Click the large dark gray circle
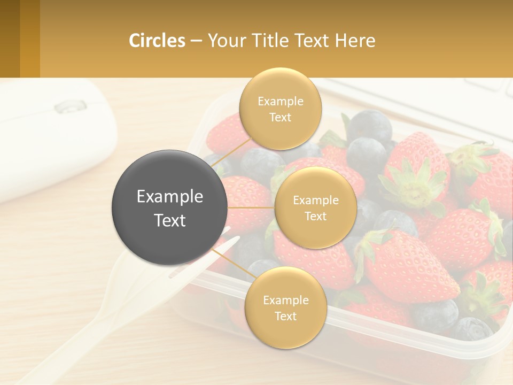pyautogui.click(x=169, y=208)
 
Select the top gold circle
pyautogui.click(x=280, y=109)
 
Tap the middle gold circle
pyautogui.click(x=315, y=207)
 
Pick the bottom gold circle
pyautogui.click(x=285, y=307)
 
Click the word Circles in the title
pyautogui.click(x=157, y=41)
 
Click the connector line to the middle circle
pyautogui.click(x=251, y=207)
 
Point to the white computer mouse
pyautogui.click(x=48, y=139)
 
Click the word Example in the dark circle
pyautogui.click(x=169, y=197)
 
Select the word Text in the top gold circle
pyautogui.click(x=280, y=118)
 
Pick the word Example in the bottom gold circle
pyautogui.click(x=285, y=300)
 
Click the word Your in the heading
pyautogui.click(x=224, y=41)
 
